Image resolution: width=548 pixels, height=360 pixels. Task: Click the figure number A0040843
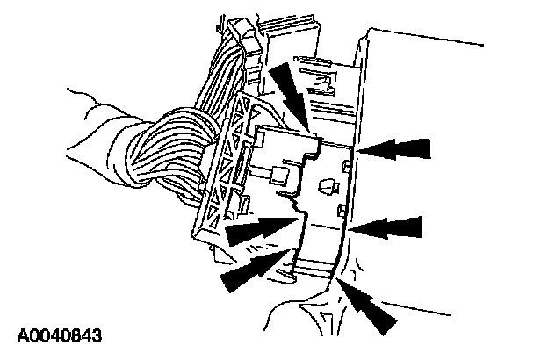(60, 335)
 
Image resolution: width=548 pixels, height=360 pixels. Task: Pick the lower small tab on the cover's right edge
(341, 209)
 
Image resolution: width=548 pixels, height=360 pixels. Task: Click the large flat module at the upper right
(457, 105)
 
